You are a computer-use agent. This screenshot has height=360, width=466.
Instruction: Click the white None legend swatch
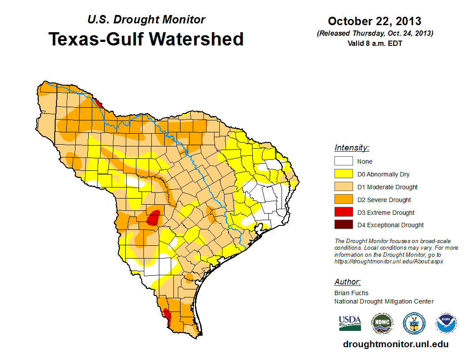[x=343, y=161]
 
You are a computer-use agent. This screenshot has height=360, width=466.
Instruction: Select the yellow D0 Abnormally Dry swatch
[x=343, y=174]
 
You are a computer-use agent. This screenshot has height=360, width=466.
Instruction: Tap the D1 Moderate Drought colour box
[x=343, y=187]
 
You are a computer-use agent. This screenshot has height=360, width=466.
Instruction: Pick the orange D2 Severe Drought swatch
[x=343, y=200]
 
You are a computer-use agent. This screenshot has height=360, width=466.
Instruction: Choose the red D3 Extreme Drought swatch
[x=343, y=213]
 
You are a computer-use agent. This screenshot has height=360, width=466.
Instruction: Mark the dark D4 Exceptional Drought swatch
[x=343, y=225]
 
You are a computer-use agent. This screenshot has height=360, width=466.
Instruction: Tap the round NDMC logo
[x=382, y=323]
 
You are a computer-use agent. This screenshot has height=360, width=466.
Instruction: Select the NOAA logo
[x=446, y=323]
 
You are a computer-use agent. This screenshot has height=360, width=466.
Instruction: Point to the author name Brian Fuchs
[x=351, y=293]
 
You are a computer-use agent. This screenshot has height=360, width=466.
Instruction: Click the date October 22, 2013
[x=375, y=21]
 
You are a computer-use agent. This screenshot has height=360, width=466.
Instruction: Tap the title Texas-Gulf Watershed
[x=146, y=39]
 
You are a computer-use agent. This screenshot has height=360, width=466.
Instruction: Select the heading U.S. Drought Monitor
[x=146, y=20]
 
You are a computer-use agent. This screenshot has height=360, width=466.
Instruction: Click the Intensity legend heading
[x=352, y=148]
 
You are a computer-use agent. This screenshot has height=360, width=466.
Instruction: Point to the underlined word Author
[x=347, y=282]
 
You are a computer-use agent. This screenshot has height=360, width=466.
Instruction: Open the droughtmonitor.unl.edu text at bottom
[x=396, y=344]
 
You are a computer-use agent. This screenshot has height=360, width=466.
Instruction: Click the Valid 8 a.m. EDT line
[x=375, y=43]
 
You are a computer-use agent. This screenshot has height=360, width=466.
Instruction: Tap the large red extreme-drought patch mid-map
[x=153, y=218]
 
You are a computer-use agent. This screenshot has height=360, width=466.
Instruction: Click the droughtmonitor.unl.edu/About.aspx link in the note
[x=389, y=261]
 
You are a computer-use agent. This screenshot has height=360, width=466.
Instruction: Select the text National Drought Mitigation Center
[x=384, y=301]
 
